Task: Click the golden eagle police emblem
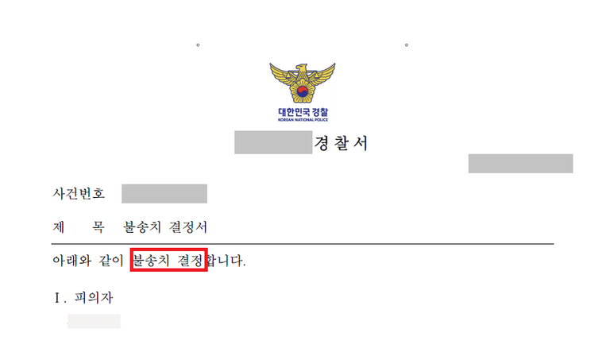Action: coord(303,83)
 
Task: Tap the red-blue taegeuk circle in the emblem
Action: coord(303,92)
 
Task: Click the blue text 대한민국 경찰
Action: coord(303,113)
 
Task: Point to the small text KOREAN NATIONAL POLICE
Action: coord(303,120)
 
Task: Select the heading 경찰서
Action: coord(341,143)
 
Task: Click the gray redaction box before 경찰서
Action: coord(273,142)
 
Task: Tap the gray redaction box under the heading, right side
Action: coord(520,164)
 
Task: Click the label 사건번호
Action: coord(79,193)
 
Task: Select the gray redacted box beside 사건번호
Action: coord(164,194)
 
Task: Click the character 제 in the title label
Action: coord(58,227)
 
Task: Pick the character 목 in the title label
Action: coord(98,227)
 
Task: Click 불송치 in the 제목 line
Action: coord(142,227)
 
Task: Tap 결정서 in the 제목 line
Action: coord(188,227)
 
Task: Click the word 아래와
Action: coord(72,261)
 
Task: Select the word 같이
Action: coord(111,261)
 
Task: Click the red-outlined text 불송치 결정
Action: coord(168,261)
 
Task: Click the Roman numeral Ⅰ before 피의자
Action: coord(57,298)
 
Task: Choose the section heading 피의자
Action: coord(94,298)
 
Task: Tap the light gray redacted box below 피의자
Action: coord(94,321)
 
